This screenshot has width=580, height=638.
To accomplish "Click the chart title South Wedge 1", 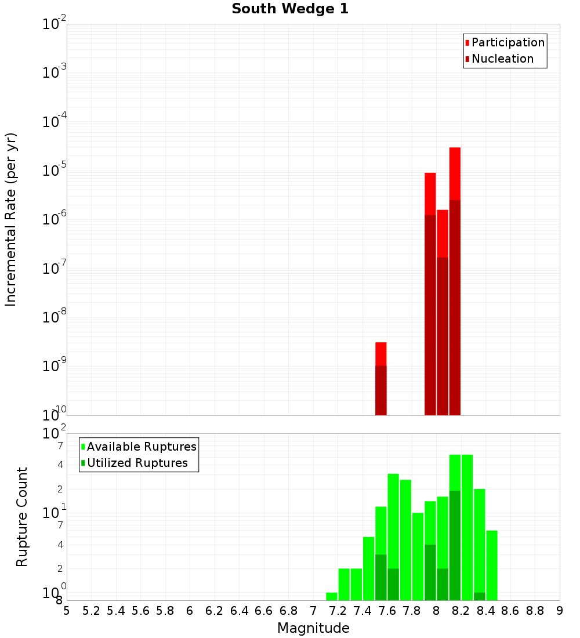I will (x=290, y=9).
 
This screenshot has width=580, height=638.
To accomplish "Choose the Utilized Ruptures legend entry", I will (x=137, y=463).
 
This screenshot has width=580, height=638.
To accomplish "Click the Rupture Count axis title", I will (x=22, y=516).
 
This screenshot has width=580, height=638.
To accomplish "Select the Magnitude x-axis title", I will (x=313, y=628).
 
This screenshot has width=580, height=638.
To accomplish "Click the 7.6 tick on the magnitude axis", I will (x=387, y=610).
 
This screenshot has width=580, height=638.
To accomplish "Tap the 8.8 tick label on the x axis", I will (x=535, y=610).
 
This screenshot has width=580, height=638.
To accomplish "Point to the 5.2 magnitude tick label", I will (x=91, y=610).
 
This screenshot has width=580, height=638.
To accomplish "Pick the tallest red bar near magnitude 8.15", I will (x=455, y=174).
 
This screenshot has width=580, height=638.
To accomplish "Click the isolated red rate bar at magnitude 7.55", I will (x=381, y=354).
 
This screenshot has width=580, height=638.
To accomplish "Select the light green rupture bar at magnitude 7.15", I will (x=332, y=596).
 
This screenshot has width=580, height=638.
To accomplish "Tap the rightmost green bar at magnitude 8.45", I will (x=492, y=565).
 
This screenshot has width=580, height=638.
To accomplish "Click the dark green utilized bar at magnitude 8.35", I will (x=480, y=596).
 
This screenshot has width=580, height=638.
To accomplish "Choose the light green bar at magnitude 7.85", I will (x=418, y=557).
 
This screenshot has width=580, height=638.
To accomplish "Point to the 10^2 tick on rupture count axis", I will (x=55, y=434).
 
